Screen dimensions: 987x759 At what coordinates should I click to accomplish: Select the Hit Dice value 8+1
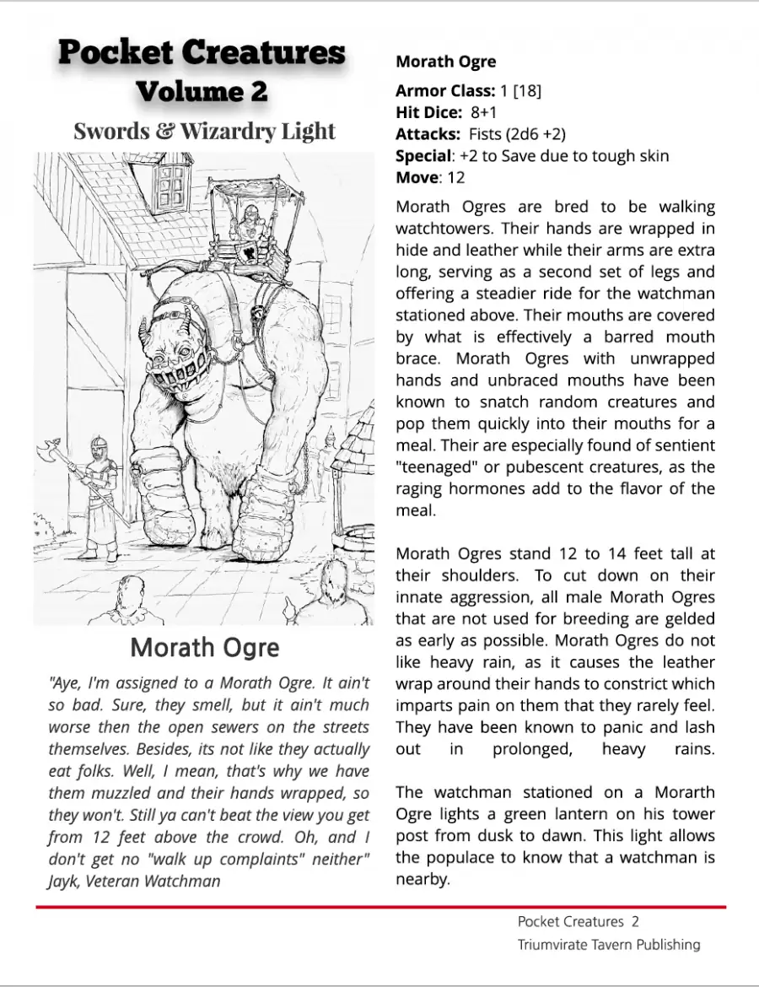tap(484, 112)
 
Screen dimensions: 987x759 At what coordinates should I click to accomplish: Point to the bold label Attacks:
tap(428, 134)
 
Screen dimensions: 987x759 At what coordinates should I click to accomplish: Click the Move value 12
tap(455, 178)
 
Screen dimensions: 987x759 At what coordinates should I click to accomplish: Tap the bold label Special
tap(423, 156)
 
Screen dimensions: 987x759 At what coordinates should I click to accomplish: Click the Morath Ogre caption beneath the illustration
tap(204, 647)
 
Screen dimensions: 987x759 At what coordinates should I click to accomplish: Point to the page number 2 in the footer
tap(635, 921)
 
